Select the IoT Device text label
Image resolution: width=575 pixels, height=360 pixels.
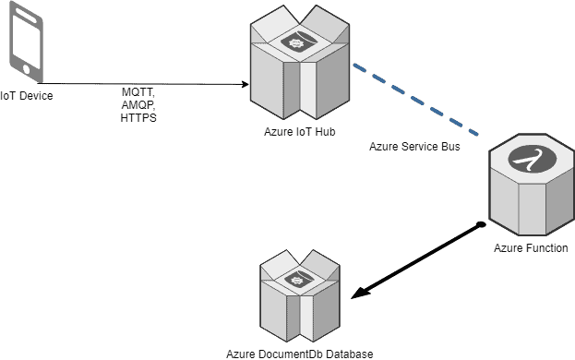pyautogui.click(x=27, y=94)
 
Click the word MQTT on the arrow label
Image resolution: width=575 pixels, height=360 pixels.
pyautogui.click(x=138, y=94)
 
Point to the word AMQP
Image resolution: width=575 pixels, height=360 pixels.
pyautogui.click(x=138, y=106)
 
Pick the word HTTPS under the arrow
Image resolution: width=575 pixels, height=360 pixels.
pyautogui.click(x=138, y=118)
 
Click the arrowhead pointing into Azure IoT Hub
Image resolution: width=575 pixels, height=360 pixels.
pyautogui.click(x=246, y=84)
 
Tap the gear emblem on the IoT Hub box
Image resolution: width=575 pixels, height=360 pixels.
pyautogui.click(x=299, y=42)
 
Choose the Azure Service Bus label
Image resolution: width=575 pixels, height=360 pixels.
pyautogui.click(x=414, y=146)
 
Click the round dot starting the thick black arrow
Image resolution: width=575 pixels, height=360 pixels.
pyautogui.click(x=480, y=224)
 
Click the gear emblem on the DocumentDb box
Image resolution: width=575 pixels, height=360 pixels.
pyautogui.click(x=297, y=277)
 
